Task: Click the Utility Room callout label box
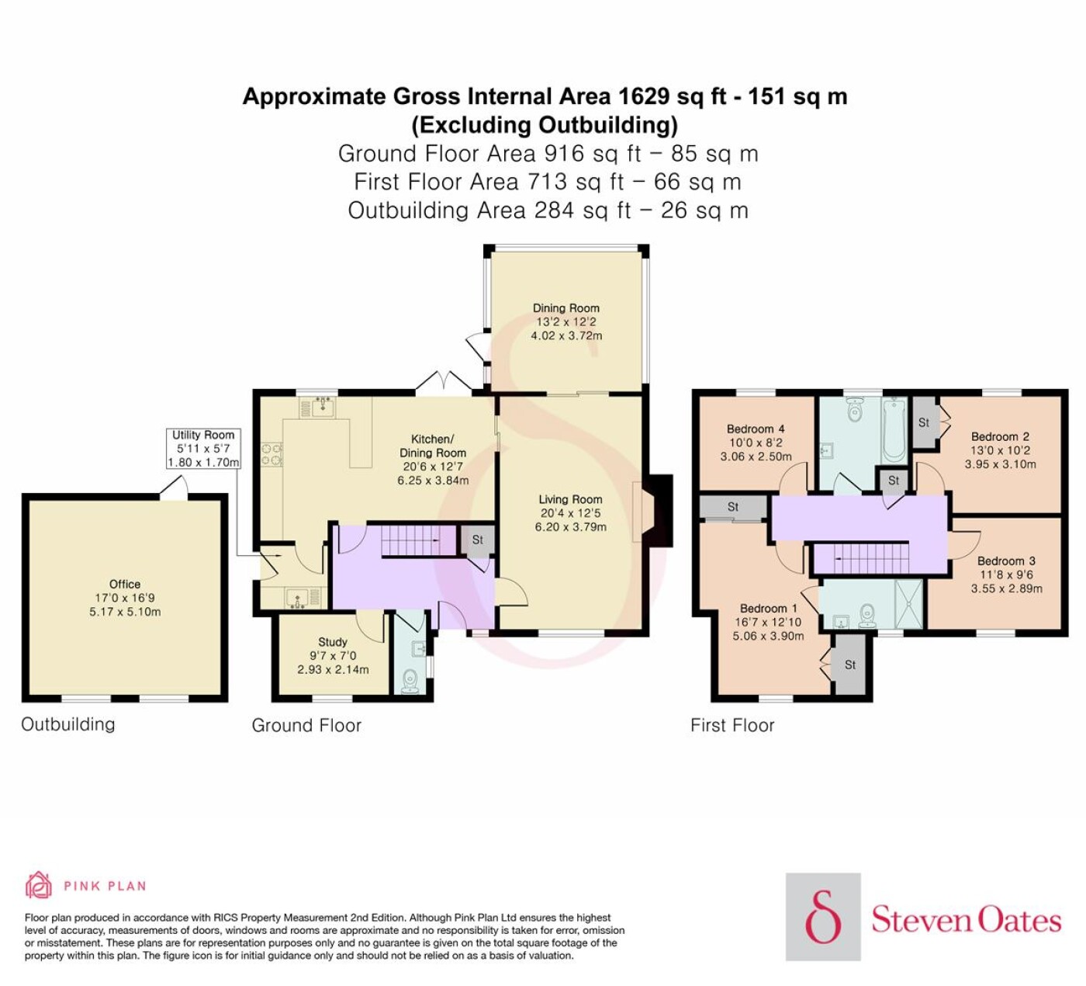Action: point(203,448)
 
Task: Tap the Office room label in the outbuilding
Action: point(125,585)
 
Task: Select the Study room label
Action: point(333,642)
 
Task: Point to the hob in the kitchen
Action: point(271,454)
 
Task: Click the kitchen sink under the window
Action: point(323,406)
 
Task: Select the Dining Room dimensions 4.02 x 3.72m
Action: point(566,335)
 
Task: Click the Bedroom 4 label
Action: point(756,429)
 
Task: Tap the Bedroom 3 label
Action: point(1006,561)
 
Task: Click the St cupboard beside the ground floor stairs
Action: point(477,540)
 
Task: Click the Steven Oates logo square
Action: point(823,917)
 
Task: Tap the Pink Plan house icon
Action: point(39,886)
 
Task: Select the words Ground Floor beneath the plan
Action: point(306,725)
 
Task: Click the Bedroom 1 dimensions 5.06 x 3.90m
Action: point(768,636)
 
